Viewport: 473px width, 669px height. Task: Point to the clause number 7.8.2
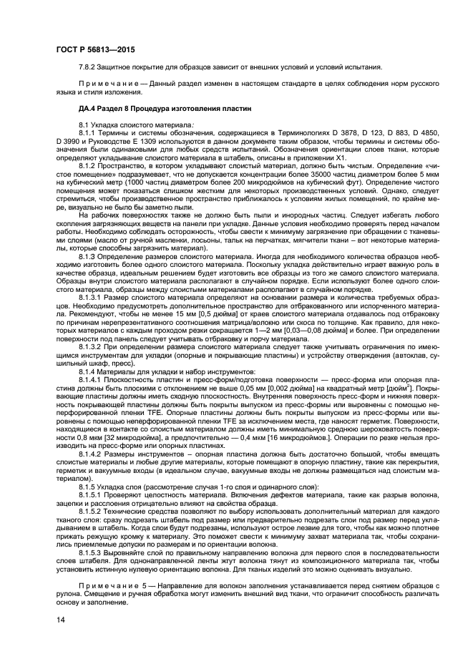pyautogui.click(x=90, y=67)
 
